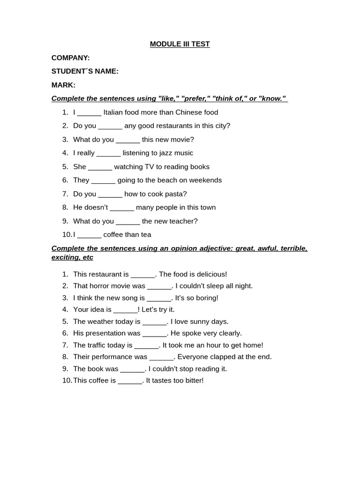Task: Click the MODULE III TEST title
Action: tap(180, 44)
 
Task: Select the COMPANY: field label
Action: tap(70, 58)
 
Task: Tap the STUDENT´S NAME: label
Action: tap(85, 71)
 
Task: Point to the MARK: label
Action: tap(63, 85)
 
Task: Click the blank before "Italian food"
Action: tap(89, 112)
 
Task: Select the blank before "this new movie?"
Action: tap(128, 140)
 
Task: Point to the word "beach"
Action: tap(165, 180)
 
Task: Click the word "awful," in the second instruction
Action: tap(266, 248)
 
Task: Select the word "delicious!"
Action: tap(210, 274)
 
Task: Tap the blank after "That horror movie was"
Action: tap(159, 286)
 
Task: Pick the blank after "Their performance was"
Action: tap(161, 357)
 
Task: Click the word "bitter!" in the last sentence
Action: tap(192, 381)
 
